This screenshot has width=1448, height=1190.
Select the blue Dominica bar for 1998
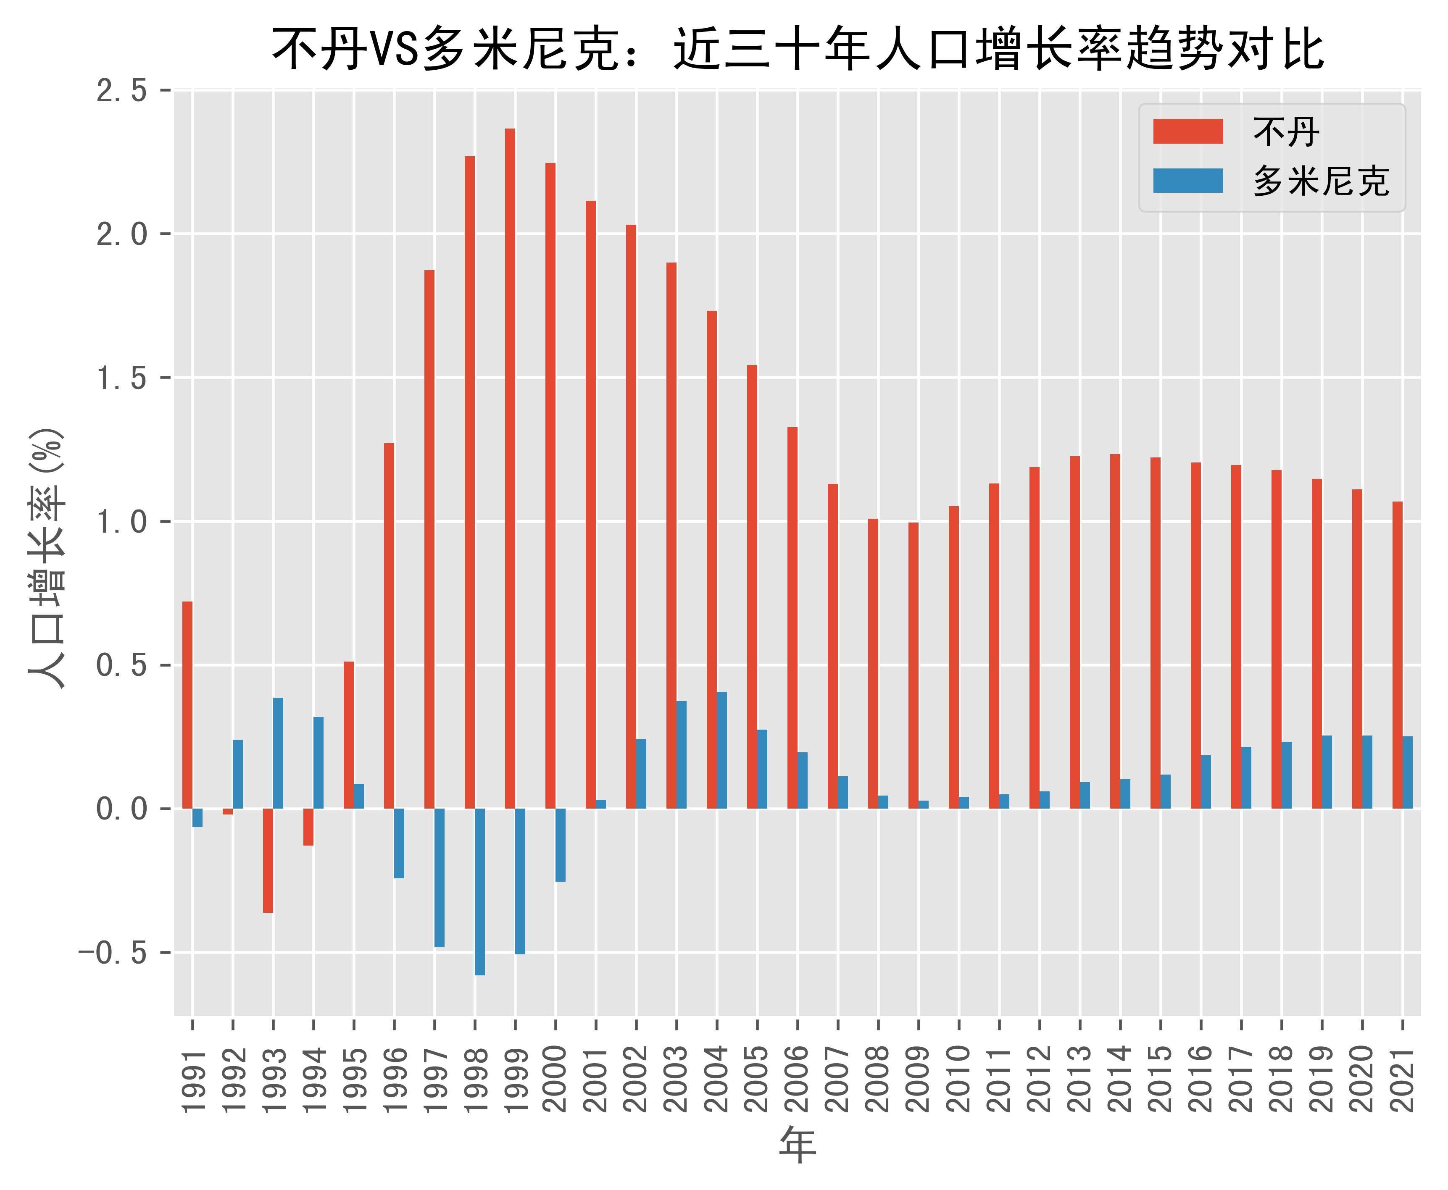pos(480,891)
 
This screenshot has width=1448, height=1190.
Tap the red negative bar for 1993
pos(268,860)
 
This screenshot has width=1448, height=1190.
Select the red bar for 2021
pos(1397,654)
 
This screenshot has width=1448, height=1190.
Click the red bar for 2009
pos(913,665)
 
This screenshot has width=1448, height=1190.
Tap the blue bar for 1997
pos(440,877)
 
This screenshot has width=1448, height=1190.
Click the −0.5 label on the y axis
pos(113,953)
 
